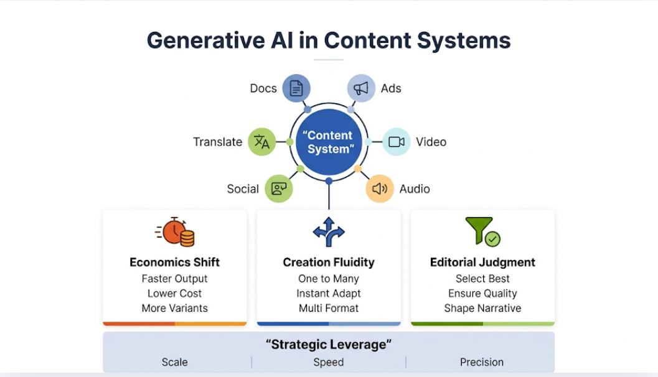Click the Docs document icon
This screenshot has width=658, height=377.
296,88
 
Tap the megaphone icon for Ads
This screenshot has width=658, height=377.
361,88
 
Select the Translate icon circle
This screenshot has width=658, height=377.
262,142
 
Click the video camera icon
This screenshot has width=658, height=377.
396,142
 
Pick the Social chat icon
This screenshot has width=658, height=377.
279,188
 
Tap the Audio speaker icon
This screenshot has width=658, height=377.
380,188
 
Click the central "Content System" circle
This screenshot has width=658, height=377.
329,142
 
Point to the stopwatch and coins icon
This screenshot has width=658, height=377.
175,232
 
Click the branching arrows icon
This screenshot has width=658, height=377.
329,232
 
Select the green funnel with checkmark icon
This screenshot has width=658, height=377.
482,231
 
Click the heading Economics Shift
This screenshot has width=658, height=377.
174,262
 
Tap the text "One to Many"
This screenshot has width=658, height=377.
329,279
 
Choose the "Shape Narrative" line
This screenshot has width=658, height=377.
482,308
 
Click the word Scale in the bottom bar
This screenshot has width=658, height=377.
174,362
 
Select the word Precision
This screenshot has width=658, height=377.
482,362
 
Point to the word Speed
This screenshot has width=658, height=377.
329,362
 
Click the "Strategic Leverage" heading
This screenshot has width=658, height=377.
329,345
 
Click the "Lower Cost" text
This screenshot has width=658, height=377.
174,293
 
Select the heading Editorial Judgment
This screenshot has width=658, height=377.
482,262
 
